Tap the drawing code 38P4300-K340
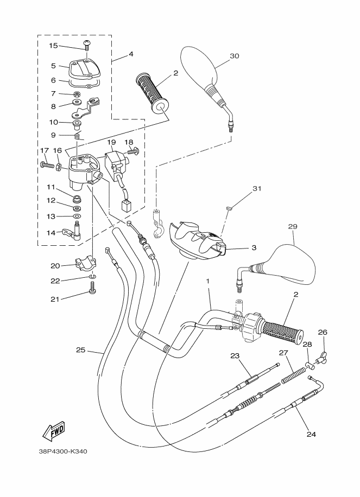(63, 451)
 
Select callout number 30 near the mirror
(234, 56)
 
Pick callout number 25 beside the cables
(80, 350)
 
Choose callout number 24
(311, 434)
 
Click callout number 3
(254, 247)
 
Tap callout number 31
(256, 189)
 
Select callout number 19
(111, 143)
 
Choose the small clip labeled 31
(229, 207)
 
